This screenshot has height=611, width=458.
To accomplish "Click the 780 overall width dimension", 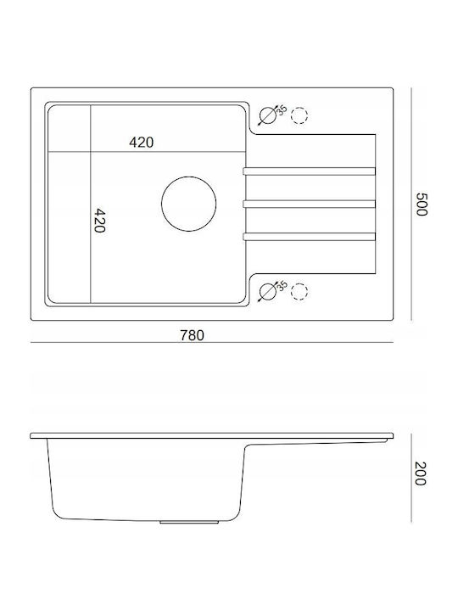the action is (192, 335).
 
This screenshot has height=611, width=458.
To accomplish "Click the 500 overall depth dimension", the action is (422, 205).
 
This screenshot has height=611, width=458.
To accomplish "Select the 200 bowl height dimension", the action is (421, 474).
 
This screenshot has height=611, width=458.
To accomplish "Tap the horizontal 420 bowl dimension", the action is (142, 143).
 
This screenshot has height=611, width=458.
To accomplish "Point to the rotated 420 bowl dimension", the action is (100, 221).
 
